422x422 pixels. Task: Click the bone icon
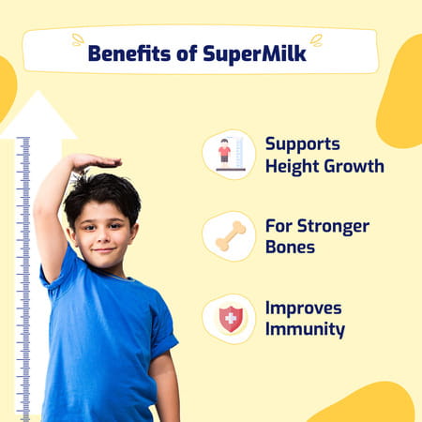tap(229, 236)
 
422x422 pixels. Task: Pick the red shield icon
tap(230, 319)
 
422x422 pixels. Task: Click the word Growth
tap(353, 167)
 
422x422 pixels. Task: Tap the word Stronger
tap(331, 226)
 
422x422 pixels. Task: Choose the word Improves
tap(304, 309)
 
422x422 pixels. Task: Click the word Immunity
tap(305, 330)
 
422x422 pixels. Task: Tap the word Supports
tap(301, 144)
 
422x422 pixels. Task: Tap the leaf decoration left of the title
tap(78, 40)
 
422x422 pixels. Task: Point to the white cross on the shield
tap(230, 319)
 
